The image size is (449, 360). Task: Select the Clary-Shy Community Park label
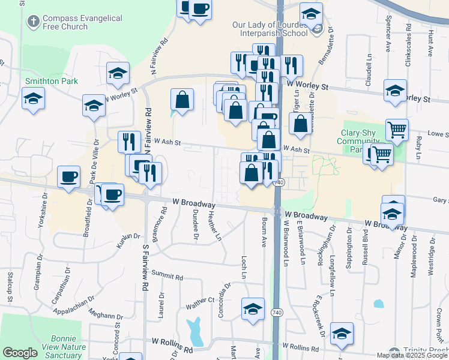(358, 140)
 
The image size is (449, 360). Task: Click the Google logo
(20, 353)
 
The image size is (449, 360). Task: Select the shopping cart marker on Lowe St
(397, 130)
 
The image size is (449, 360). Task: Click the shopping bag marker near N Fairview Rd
(182, 101)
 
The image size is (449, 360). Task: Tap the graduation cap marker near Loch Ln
(253, 310)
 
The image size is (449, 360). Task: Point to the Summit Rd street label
(167, 277)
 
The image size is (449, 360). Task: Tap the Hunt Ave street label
(430, 40)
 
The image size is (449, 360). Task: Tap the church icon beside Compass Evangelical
(33, 23)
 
